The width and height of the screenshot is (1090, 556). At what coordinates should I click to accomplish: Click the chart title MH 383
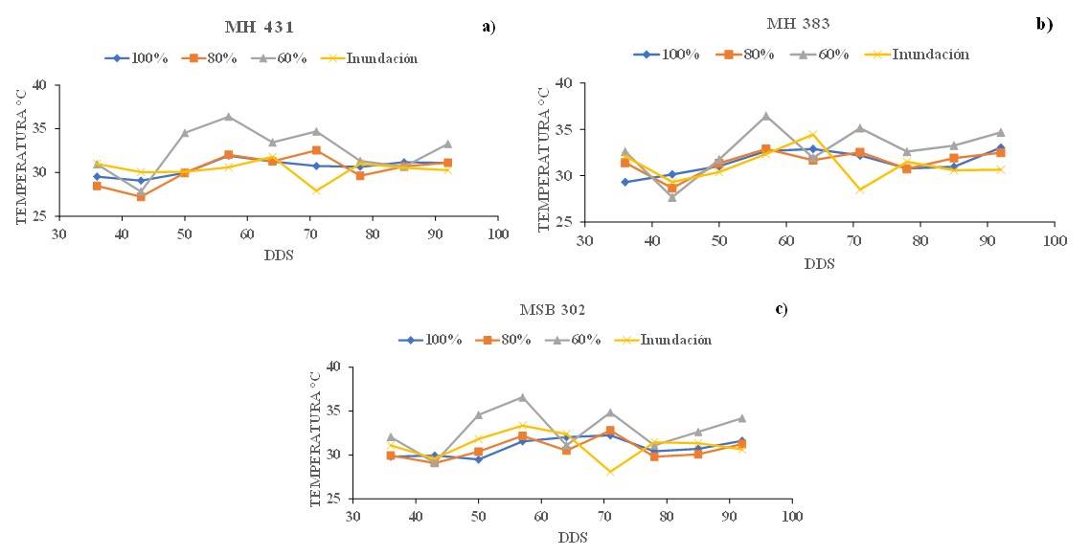(x=802, y=22)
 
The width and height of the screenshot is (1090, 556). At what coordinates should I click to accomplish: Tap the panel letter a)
(x=488, y=27)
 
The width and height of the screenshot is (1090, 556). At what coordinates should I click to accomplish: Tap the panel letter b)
(x=1044, y=23)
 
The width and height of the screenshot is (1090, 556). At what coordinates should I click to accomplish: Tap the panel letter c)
(x=782, y=308)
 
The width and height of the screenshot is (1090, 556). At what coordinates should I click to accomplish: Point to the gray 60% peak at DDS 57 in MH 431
(x=228, y=117)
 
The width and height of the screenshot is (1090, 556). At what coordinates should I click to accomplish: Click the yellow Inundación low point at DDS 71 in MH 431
(x=315, y=190)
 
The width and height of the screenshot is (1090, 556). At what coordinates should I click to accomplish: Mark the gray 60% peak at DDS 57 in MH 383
(x=765, y=116)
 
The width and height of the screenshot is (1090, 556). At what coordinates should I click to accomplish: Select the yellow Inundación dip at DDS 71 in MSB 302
(x=610, y=472)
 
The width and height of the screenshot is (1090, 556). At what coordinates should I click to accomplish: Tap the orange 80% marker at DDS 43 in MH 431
(x=141, y=196)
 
